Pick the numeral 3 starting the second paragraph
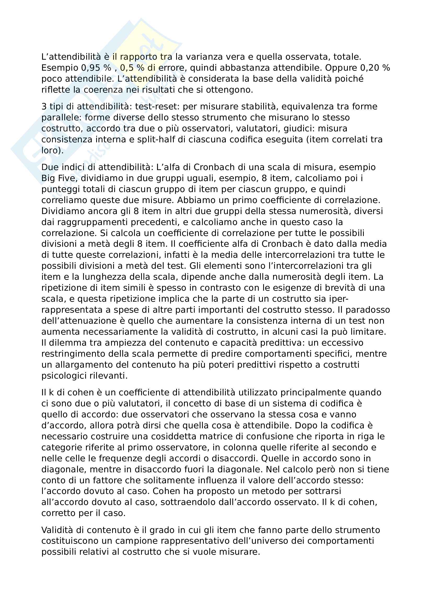tap(44, 106)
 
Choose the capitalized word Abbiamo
tap(197, 200)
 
